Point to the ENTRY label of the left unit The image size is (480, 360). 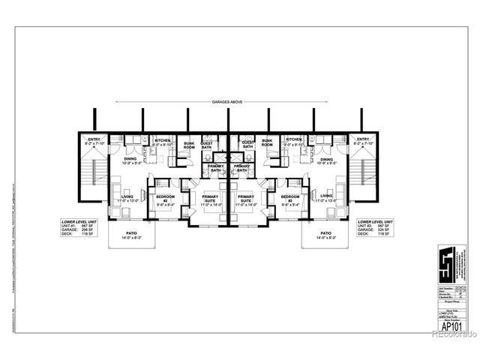pos(94,139)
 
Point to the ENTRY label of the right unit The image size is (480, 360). pos(363,139)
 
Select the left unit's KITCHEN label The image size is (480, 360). pos(163,139)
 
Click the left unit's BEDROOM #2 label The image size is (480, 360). pos(166,198)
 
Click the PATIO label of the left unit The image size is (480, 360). pos(132,233)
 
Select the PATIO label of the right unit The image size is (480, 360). pos(325,233)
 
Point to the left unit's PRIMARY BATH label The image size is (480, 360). pos(216,168)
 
